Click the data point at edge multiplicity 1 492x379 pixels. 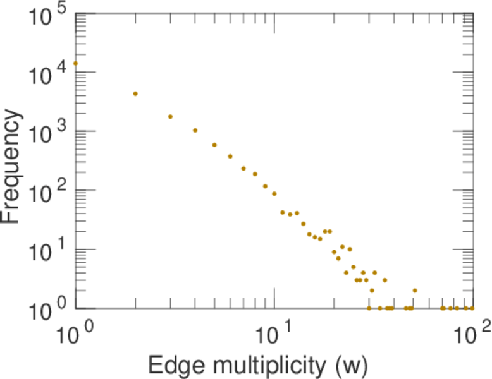tap(76, 63)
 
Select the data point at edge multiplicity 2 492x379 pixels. tap(135, 93)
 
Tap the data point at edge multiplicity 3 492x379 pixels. tap(170, 117)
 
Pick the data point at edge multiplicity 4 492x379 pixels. tap(195, 131)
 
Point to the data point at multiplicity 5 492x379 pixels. tap(214, 145)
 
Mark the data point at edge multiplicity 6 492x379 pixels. tap(230, 157)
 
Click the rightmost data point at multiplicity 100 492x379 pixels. tap(472, 308)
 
